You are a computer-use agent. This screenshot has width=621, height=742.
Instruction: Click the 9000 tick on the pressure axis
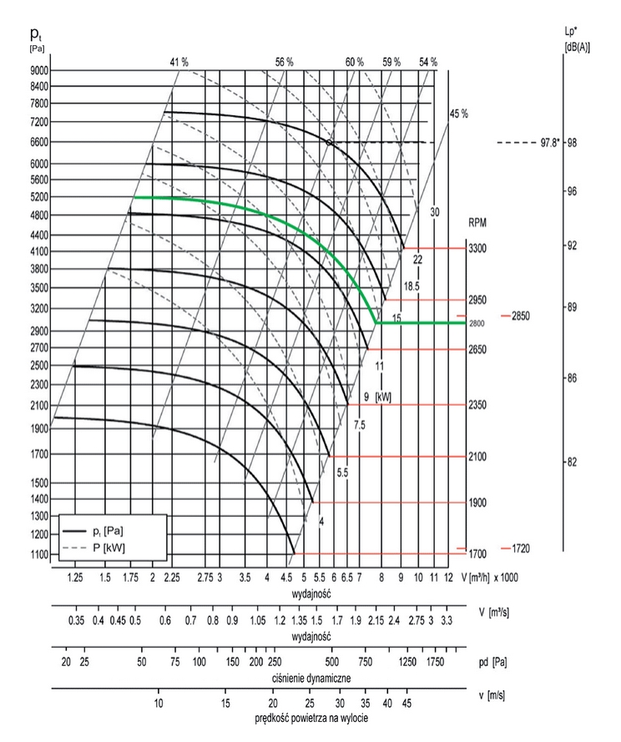(x=39, y=70)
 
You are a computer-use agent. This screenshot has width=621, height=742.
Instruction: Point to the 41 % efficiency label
(x=179, y=62)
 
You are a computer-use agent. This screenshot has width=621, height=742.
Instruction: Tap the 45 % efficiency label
(x=459, y=114)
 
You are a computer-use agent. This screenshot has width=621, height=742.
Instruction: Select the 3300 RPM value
(x=477, y=249)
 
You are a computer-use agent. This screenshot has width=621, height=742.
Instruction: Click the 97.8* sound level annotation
(x=548, y=143)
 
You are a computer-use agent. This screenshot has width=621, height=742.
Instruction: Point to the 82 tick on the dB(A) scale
(x=573, y=462)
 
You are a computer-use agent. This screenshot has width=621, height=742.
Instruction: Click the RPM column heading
(x=478, y=224)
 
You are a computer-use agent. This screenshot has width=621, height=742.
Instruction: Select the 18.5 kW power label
(x=411, y=287)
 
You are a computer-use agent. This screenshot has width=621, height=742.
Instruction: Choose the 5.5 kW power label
(x=342, y=472)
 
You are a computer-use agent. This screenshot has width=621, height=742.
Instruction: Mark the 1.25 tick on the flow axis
(x=76, y=578)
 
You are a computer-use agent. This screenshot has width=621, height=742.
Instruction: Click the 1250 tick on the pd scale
(x=406, y=662)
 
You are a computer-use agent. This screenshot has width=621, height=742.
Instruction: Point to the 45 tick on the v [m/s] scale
(x=406, y=703)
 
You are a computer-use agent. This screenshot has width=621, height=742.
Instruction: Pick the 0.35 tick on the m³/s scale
(x=76, y=621)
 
